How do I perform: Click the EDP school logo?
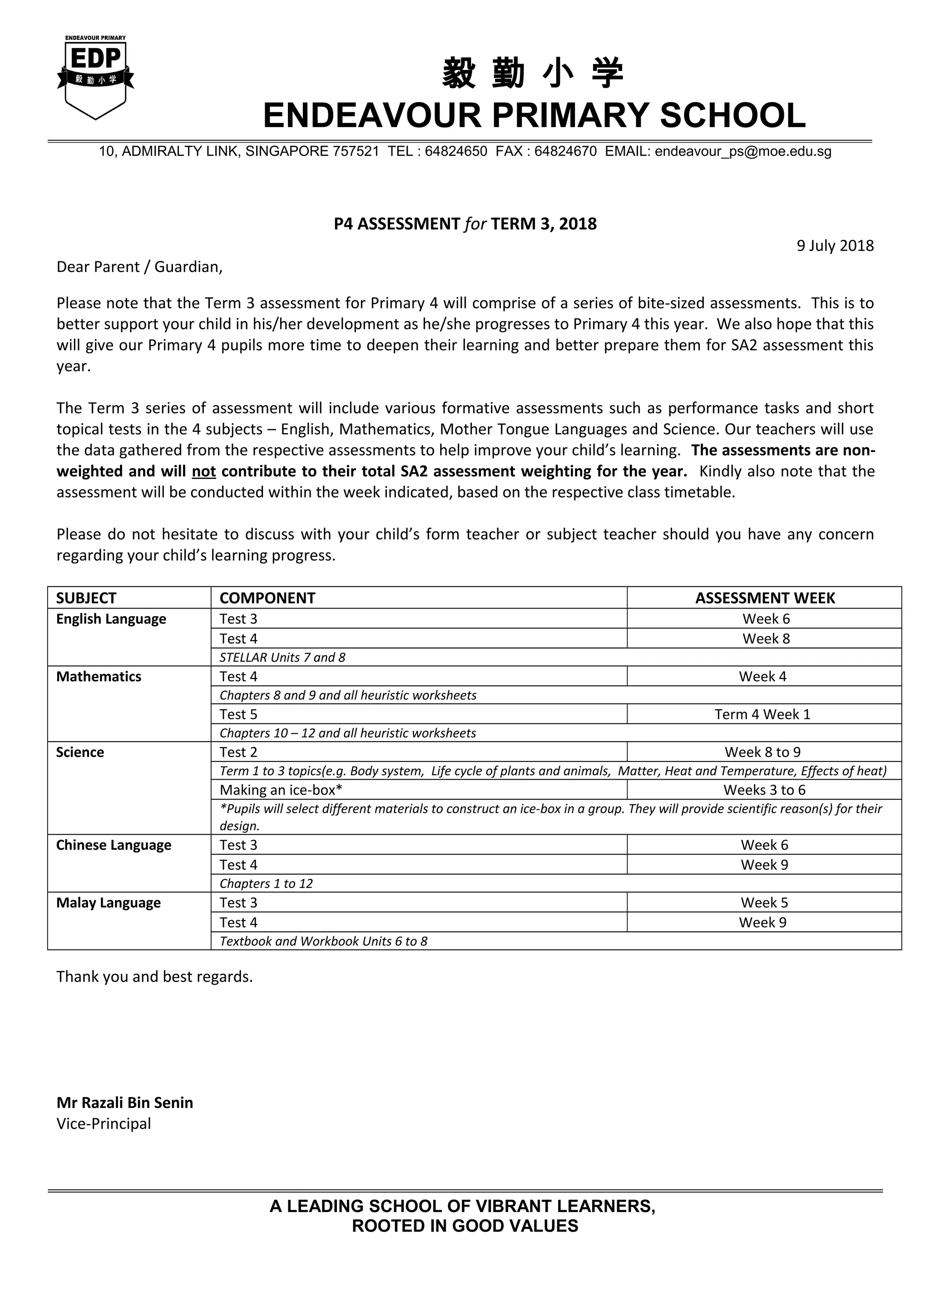click(x=96, y=77)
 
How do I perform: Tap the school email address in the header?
click(x=742, y=151)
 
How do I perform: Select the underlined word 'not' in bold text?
click(x=203, y=471)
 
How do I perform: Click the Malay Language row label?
click(x=108, y=903)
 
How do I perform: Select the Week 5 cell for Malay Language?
click(x=764, y=903)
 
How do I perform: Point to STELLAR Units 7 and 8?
click(x=282, y=658)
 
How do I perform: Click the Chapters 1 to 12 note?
click(x=267, y=883)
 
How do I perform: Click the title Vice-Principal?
click(x=104, y=1123)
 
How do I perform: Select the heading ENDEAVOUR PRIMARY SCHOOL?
click(x=534, y=116)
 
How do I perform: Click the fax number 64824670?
click(x=565, y=151)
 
